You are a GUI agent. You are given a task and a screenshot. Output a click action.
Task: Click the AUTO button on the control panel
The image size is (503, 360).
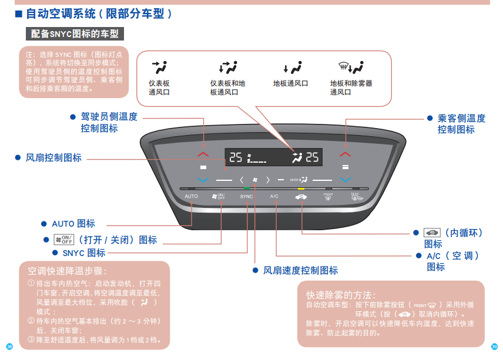coord(191,196)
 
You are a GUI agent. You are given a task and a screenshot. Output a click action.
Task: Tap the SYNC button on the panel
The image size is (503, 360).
coord(246,197)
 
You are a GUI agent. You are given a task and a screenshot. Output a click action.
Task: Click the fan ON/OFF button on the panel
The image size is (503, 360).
coord(218,197)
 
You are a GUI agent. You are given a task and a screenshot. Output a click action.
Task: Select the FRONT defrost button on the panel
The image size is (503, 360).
coord(328,197)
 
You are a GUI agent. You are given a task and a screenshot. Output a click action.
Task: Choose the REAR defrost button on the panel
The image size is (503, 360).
coord(356,197)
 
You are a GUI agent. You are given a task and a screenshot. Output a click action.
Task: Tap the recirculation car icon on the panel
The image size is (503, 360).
coord(301,197)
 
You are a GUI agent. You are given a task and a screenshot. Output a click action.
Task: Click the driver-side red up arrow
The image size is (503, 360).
coord(203,154)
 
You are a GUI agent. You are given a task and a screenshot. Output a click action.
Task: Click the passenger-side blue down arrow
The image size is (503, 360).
coord(345,180)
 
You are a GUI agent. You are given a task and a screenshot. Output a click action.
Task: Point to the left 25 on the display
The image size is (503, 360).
coord(236,157)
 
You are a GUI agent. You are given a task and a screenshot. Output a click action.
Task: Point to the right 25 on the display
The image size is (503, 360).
coord(312,157)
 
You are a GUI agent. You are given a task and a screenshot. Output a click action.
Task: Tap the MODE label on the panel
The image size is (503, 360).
coord(295,180)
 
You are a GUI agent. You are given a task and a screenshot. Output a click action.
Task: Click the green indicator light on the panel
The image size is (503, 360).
coord(246,188)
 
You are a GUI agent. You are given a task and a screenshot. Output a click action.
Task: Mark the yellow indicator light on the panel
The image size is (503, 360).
coord(301,188)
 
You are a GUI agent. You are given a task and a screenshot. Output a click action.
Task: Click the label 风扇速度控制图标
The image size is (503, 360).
coord(300,270)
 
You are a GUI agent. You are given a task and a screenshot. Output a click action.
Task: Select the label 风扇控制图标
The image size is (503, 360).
coord(53,158)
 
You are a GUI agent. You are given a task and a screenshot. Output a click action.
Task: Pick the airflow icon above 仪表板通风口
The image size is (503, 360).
coord(159,66)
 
